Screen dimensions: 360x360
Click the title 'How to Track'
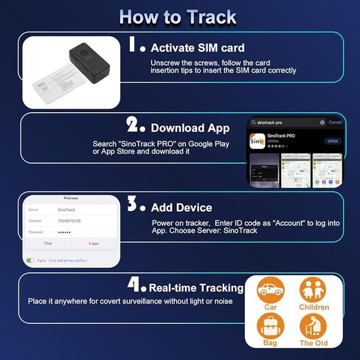tap(178, 16)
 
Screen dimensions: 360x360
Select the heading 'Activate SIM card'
tap(197, 48)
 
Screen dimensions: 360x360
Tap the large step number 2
tap(134, 124)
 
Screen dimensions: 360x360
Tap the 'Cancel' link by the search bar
tap(335, 122)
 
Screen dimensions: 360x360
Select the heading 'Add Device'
tap(181, 207)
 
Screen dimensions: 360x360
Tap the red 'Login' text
tap(94, 243)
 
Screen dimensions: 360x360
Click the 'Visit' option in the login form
tap(48, 243)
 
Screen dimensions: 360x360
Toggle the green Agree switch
tap(30, 260)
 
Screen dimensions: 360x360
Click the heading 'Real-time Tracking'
tap(195, 288)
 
